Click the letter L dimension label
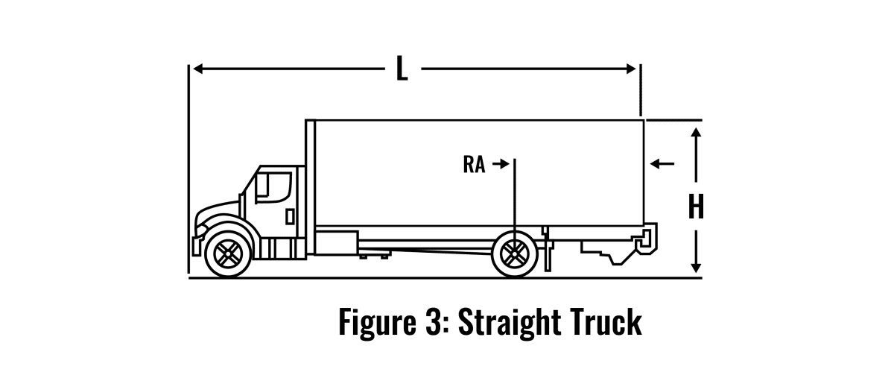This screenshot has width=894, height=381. pos(402,69)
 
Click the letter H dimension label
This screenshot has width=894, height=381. pos(696,207)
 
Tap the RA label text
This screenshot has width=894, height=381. pos(474,165)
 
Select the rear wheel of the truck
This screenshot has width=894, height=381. pos(514,253)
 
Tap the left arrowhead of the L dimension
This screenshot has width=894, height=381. pos(197,69)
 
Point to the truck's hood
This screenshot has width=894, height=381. pos(217,210)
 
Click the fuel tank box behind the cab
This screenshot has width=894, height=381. pos(336,243)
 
